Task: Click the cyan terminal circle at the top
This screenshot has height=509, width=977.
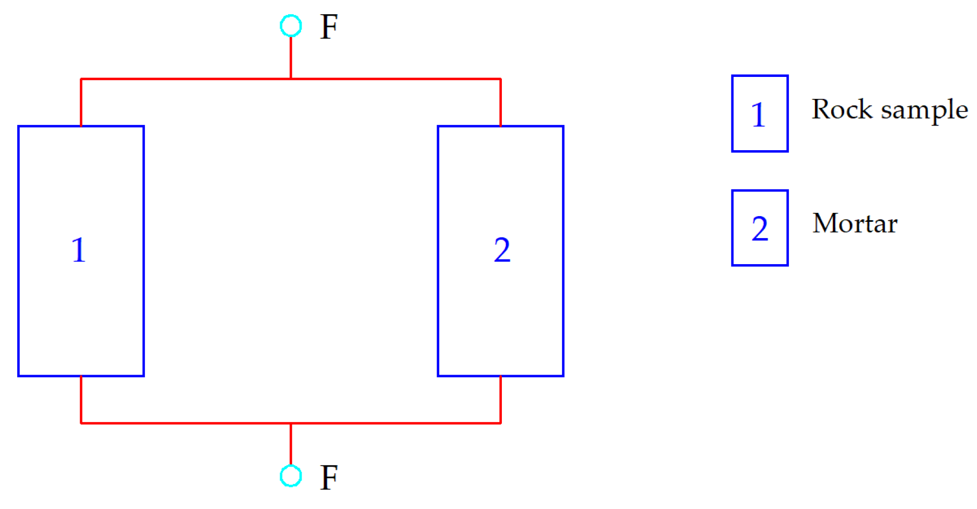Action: coord(291,26)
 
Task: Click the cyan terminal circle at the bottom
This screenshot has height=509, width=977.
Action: coord(291,476)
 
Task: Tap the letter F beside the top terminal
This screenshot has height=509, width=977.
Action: coord(329,27)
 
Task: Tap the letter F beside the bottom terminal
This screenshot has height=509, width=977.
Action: coord(329,477)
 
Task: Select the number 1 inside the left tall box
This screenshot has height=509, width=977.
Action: coord(78,250)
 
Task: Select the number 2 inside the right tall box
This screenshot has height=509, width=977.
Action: coord(502,250)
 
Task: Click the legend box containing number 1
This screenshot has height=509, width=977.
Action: coord(759,114)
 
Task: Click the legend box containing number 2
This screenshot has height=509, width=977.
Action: coord(759,228)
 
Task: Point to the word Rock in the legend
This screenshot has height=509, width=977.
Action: coord(842,109)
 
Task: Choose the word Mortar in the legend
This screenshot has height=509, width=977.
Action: coord(855,223)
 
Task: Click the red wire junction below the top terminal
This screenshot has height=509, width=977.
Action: coord(291,79)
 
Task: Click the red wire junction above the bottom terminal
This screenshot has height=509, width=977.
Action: coord(291,423)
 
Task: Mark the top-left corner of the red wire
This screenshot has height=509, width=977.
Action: coord(81,79)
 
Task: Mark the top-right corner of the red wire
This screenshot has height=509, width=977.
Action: coord(500,79)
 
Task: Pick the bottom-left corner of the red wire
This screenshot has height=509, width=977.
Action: coord(81,423)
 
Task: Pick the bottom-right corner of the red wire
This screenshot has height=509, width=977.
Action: coord(500,423)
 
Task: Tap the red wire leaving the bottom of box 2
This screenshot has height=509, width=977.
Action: coord(500,399)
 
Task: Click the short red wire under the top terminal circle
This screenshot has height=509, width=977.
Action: coord(291,58)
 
